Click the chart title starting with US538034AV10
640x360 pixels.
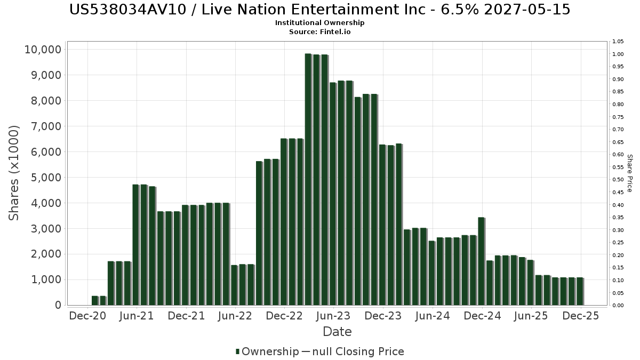coord(320,10)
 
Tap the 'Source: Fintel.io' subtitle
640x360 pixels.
coord(320,31)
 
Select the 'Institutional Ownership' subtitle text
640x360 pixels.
coord(320,23)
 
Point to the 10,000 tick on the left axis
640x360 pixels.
coord(43,50)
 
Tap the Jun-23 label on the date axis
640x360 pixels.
coord(333,316)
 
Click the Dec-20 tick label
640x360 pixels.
coord(87,316)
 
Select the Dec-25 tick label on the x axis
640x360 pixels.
coord(581,316)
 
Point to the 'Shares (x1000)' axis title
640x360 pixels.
coord(14,173)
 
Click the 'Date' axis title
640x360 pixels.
coord(337,332)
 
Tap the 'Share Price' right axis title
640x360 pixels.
coord(629,173)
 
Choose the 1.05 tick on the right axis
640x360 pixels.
coord(618,42)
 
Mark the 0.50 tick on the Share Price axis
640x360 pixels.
coord(618,180)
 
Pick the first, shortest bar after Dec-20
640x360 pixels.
coord(94,300)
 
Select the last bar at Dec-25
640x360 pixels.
coord(580,291)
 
